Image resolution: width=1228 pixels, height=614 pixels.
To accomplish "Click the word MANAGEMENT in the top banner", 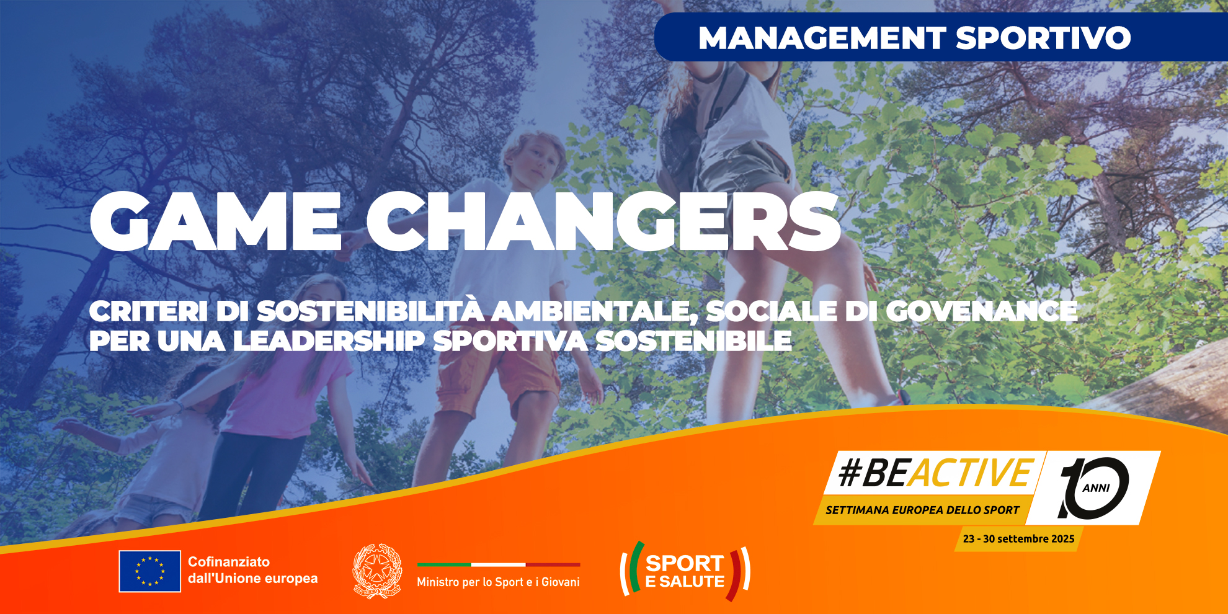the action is pyautogui.click(x=822, y=38).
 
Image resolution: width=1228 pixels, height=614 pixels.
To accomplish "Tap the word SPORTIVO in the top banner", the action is pyautogui.click(x=1043, y=38).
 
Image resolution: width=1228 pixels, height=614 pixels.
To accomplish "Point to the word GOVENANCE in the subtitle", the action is pyautogui.click(x=982, y=311).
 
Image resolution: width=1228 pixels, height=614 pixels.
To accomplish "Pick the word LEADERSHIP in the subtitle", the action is pyautogui.click(x=329, y=340).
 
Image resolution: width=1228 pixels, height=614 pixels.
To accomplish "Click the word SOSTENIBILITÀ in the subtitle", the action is pyautogui.click(x=370, y=310).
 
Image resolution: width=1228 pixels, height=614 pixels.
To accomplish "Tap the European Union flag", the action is pyautogui.click(x=150, y=571).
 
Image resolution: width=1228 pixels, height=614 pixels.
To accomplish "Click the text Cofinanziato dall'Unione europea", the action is pyautogui.click(x=252, y=570).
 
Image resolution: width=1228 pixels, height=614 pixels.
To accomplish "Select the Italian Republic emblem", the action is pyautogui.click(x=377, y=571).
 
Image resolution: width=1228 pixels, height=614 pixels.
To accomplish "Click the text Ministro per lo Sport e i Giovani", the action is pyautogui.click(x=498, y=582).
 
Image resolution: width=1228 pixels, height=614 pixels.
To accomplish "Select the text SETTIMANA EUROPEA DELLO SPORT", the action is pyautogui.click(x=922, y=510).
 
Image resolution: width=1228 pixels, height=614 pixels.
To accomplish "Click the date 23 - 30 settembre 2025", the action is pyautogui.click(x=1018, y=539).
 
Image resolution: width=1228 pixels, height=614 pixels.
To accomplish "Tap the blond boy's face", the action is pyautogui.click(x=535, y=161).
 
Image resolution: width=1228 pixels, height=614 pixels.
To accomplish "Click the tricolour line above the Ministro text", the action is pyautogui.click(x=499, y=564).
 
